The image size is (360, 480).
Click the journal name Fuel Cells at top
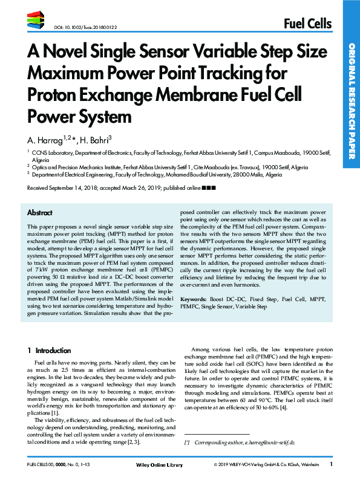[x=307, y=24]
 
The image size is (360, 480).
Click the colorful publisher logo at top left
[x=36, y=21]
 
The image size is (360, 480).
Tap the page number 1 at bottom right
[x=331, y=464]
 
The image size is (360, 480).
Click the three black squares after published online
[x=207, y=189]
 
